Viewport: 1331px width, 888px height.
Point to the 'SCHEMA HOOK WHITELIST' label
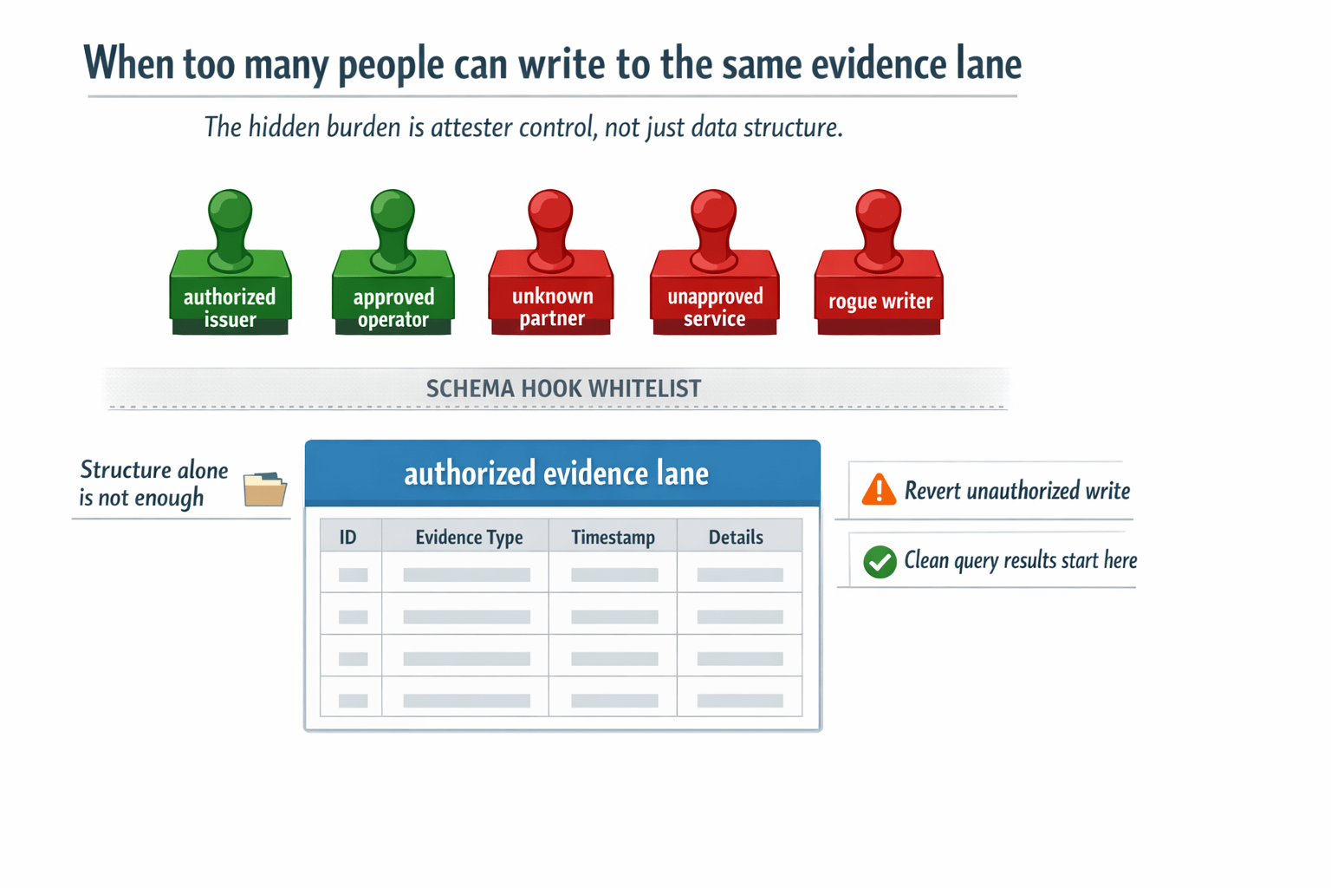tap(563, 388)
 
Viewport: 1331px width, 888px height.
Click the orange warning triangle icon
tap(879, 491)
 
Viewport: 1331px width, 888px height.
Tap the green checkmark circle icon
tap(880, 562)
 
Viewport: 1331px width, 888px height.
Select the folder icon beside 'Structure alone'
tap(264, 489)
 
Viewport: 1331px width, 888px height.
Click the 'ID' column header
tap(347, 538)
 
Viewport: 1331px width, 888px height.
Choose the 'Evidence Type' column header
tap(469, 538)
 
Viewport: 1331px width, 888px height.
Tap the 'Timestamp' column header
tap(613, 538)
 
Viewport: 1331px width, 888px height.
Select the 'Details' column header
tap(736, 538)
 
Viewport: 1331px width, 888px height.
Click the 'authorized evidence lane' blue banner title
tap(556, 473)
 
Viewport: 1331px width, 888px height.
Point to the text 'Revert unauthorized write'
tap(1017, 491)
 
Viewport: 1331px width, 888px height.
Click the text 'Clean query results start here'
tap(1021, 561)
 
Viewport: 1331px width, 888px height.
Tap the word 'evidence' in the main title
tap(873, 64)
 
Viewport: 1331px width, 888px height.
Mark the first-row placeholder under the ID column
tap(353, 575)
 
